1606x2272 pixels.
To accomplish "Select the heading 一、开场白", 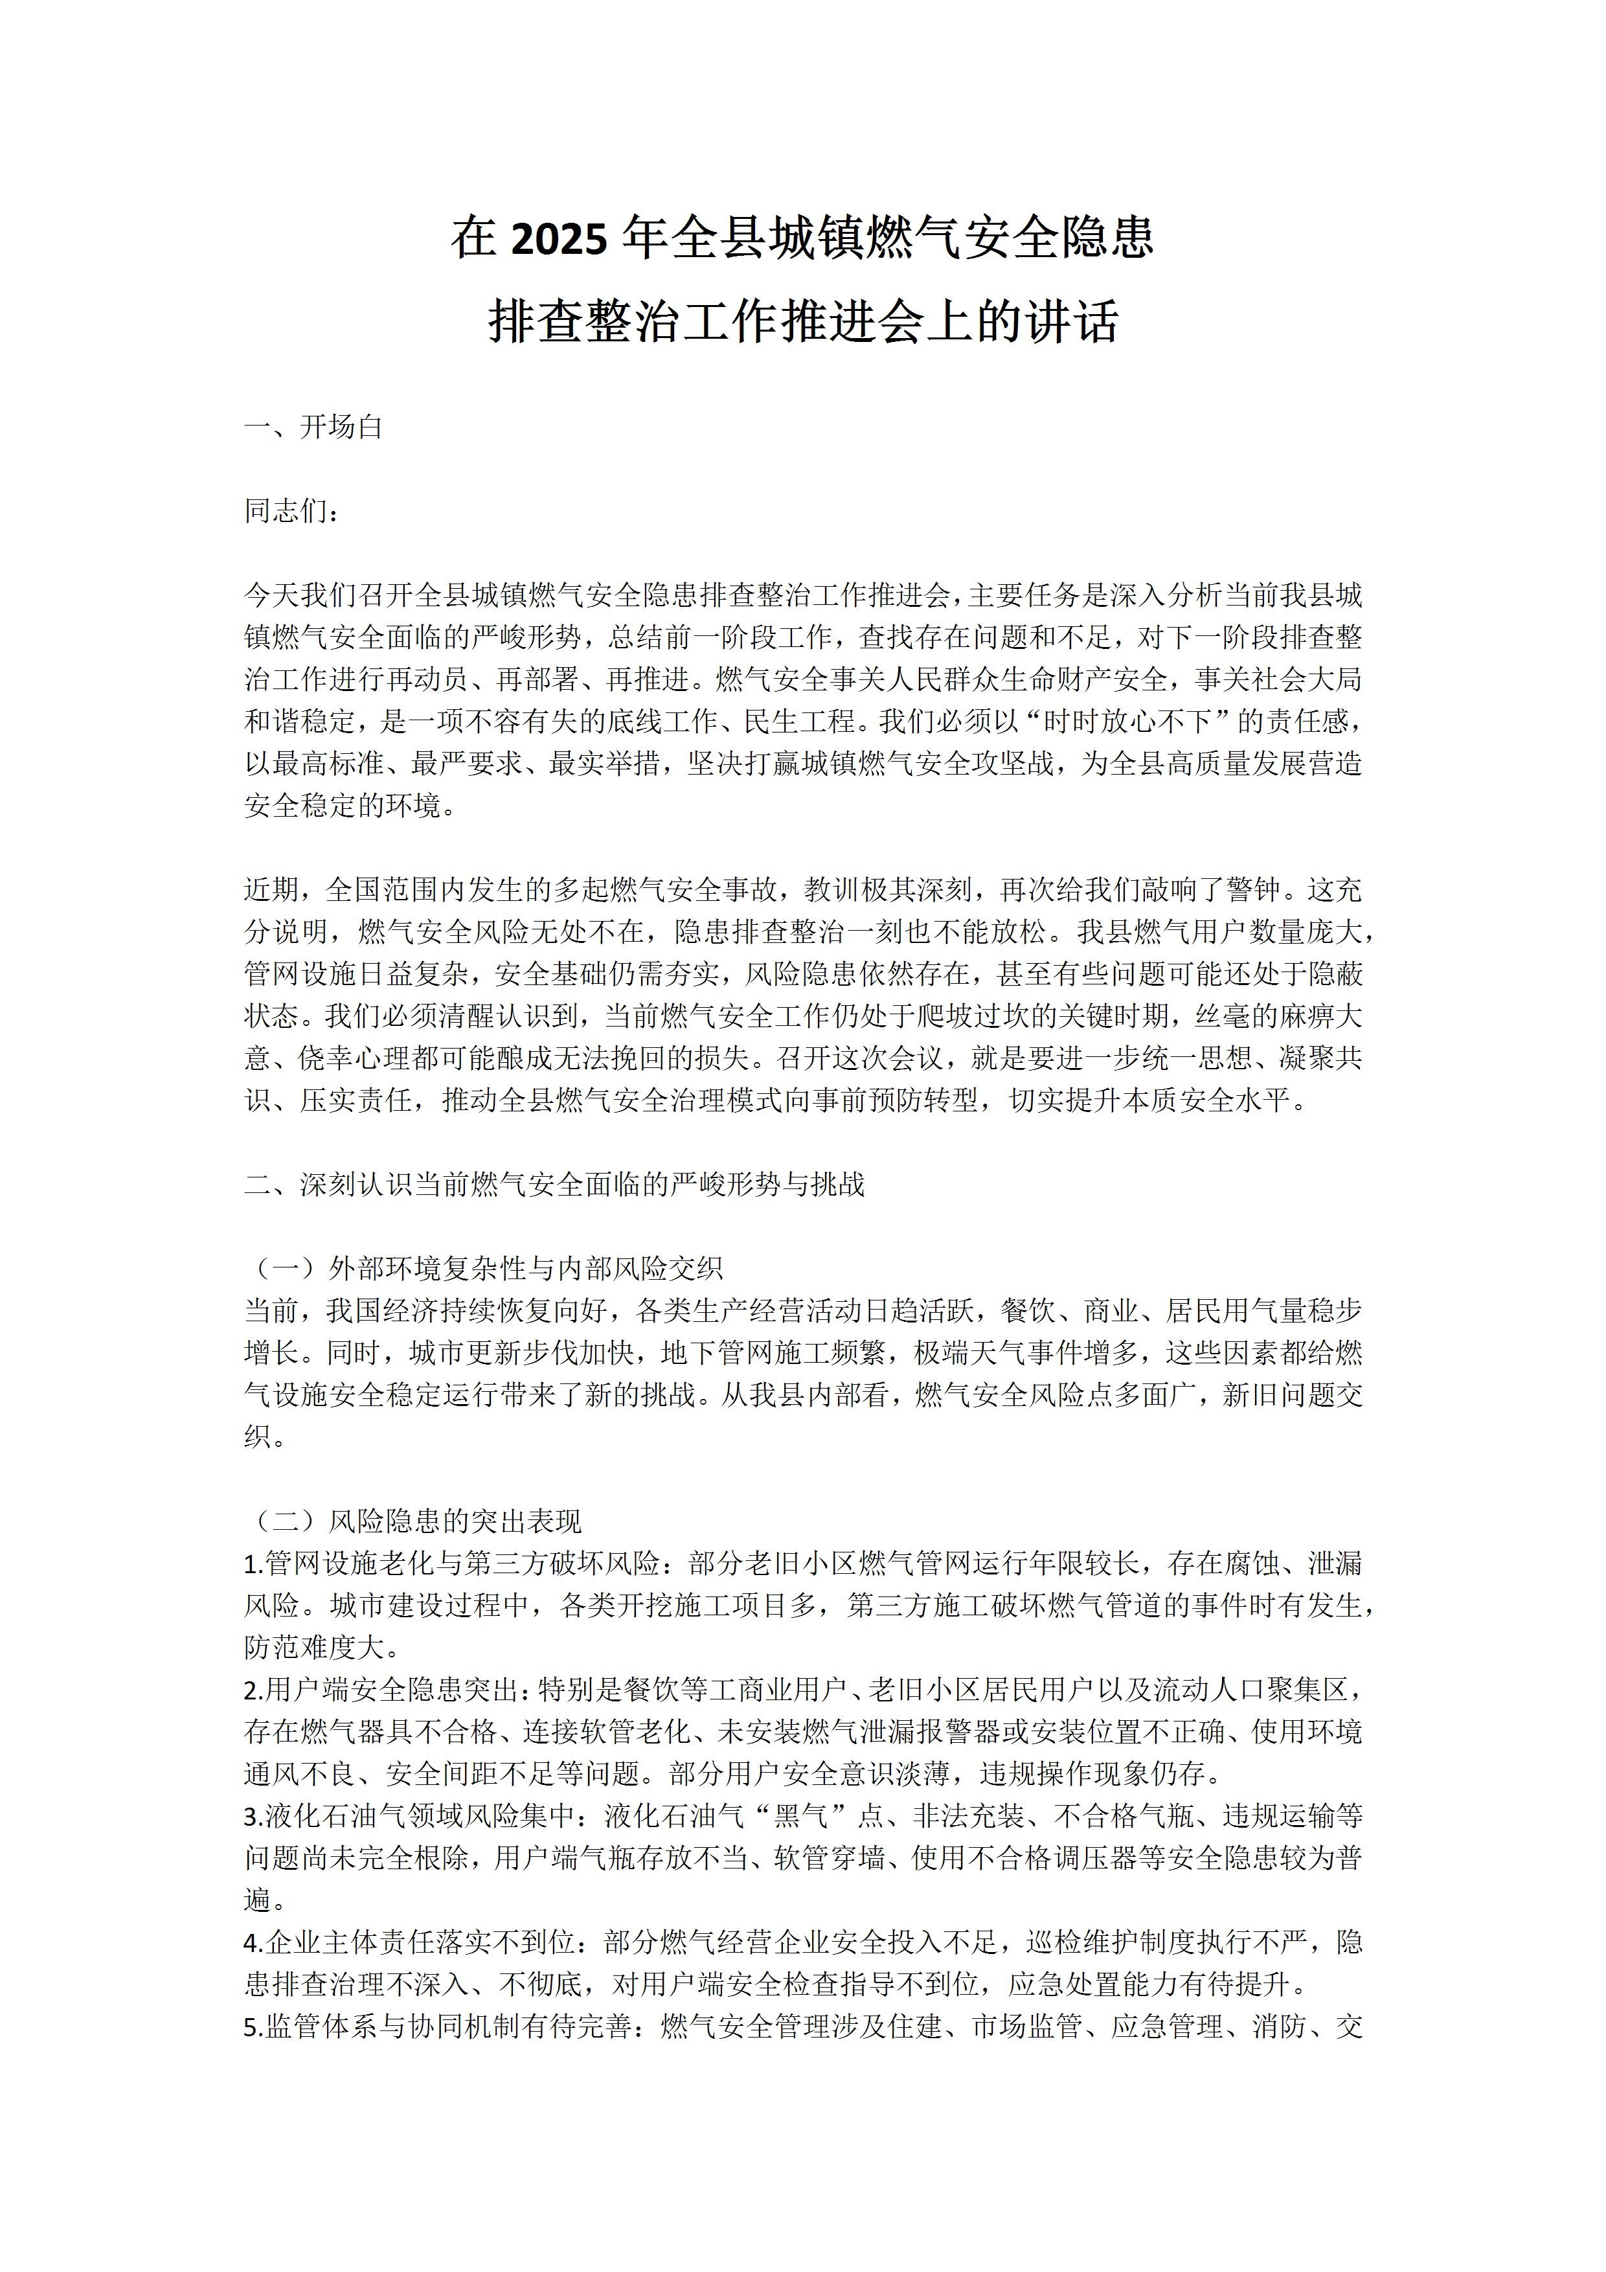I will pos(313,427).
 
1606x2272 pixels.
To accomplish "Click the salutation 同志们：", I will pos(293,512).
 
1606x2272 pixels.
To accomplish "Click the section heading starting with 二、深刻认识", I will pos(554,1185).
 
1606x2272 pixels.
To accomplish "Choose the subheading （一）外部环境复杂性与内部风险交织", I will pos(483,1269).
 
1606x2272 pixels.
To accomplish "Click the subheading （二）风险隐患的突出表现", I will pos(414,1521).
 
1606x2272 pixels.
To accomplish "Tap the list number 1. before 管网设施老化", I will pos(253,1563).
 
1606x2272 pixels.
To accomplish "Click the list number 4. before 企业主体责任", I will pos(253,1942).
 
